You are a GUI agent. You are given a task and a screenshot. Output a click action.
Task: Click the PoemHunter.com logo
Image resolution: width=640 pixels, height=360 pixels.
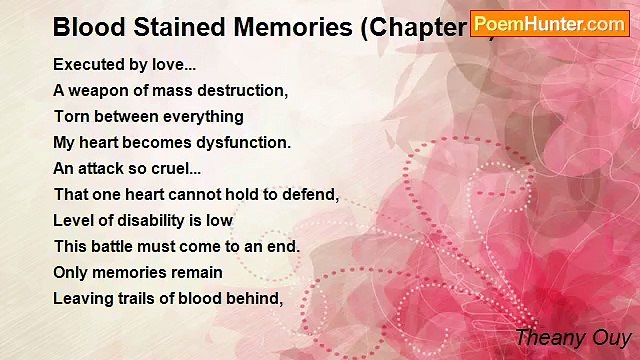tap(549, 24)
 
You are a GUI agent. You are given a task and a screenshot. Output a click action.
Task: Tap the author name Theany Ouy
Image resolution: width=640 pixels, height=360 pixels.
tap(571, 338)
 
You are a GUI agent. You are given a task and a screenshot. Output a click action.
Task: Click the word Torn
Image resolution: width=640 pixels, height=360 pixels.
tap(71, 116)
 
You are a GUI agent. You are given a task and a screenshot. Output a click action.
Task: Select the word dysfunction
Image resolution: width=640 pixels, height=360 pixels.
tap(243, 142)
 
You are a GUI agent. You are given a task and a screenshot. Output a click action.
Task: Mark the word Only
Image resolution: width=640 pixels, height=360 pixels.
tap(71, 272)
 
